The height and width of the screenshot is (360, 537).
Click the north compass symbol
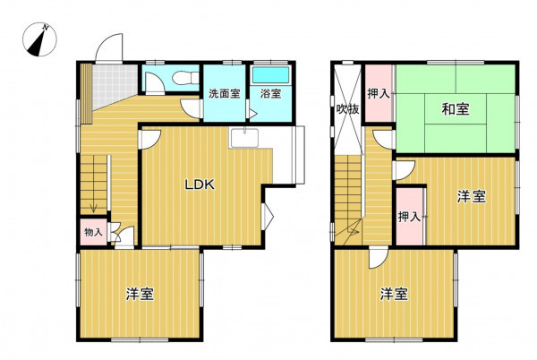(x=39, y=39)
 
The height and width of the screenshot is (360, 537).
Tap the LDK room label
(x=200, y=185)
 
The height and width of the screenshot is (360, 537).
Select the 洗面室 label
(x=225, y=93)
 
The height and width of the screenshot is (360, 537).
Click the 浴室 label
(x=270, y=93)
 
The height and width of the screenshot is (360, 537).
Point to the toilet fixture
(x=185, y=78)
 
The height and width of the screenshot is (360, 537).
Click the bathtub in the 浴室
(x=270, y=75)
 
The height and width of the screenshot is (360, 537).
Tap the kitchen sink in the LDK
(x=244, y=137)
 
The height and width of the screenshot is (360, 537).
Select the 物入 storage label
(x=93, y=232)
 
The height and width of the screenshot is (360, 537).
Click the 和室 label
(x=456, y=109)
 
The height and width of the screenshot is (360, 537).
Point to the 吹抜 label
(x=347, y=109)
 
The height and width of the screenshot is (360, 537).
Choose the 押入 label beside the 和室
(x=379, y=93)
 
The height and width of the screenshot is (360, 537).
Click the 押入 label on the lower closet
(x=409, y=217)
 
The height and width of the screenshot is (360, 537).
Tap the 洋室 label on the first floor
(x=140, y=294)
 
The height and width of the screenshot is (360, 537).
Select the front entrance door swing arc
(x=109, y=47)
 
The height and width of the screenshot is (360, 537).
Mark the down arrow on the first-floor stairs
(x=93, y=208)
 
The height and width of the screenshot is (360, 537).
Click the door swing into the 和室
(x=384, y=140)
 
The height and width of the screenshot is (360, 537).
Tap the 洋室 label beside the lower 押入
(x=472, y=197)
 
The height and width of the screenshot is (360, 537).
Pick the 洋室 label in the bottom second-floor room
(x=394, y=294)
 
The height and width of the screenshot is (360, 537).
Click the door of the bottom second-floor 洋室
(x=378, y=258)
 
